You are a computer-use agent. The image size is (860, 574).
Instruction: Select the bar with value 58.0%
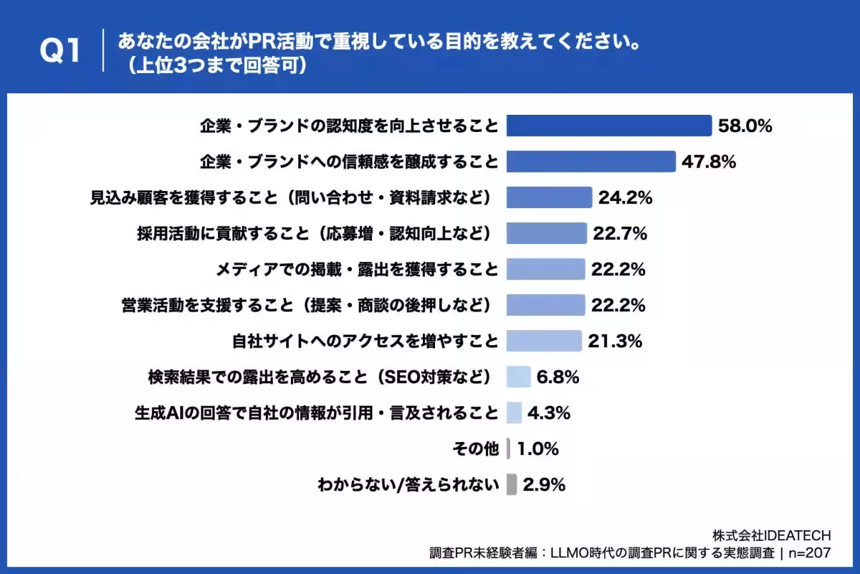(608, 126)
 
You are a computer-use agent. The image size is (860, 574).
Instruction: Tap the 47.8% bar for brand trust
(591, 161)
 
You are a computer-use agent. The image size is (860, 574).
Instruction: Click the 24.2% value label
(625, 198)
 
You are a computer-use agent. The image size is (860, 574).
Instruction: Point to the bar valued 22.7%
(546, 233)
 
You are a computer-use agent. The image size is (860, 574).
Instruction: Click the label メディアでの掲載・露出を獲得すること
(357, 269)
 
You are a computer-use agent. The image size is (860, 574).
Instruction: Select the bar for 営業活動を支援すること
(545, 305)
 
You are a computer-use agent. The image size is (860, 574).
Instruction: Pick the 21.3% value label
(615, 341)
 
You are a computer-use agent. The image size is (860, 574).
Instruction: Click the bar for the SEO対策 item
(518, 377)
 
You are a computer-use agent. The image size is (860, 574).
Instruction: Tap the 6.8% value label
(558, 377)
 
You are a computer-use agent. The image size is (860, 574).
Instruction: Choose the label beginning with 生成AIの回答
(316, 413)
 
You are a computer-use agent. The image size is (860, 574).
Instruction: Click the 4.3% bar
(514, 413)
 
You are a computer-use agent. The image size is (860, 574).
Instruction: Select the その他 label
(475, 449)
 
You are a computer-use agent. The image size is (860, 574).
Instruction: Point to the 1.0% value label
(537, 449)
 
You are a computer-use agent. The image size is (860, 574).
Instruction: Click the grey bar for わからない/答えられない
(512, 485)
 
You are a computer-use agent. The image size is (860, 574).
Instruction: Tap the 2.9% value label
(545, 485)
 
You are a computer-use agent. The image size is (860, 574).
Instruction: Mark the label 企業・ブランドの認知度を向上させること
(348, 126)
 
